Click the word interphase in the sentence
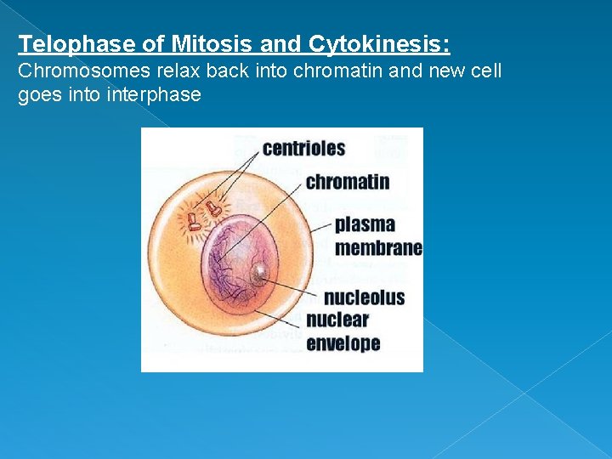pyautogui.click(x=154, y=94)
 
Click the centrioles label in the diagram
pyautogui.click(x=303, y=148)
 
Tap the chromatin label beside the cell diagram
pyautogui.click(x=347, y=182)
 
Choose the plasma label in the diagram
pyautogui.click(x=365, y=224)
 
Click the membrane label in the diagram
pyautogui.click(x=378, y=247)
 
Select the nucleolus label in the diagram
pyautogui.click(x=364, y=297)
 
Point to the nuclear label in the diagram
pyautogui.click(x=337, y=320)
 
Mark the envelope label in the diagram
pyautogui.click(x=343, y=343)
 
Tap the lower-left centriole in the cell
pyautogui.click(x=195, y=224)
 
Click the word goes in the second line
pyautogui.click(x=37, y=94)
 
